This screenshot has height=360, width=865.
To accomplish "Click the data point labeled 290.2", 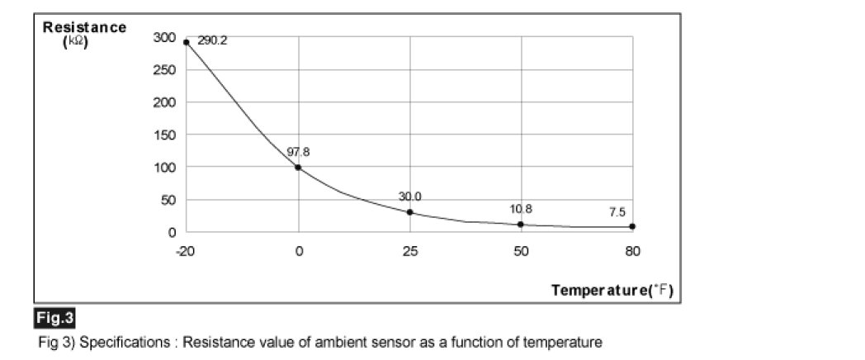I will click(187, 42).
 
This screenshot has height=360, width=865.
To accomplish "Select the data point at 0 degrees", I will click(298, 168).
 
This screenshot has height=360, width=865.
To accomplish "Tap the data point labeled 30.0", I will click(409, 212).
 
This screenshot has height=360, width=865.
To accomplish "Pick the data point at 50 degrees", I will click(521, 225).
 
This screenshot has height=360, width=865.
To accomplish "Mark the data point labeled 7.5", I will click(632, 226).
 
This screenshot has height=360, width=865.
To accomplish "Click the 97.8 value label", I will click(298, 152).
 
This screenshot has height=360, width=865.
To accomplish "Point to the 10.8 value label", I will click(521, 209).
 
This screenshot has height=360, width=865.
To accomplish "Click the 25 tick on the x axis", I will click(409, 251).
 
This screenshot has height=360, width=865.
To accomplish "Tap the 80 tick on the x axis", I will click(632, 251).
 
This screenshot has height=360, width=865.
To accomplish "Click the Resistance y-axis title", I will click(84, 27).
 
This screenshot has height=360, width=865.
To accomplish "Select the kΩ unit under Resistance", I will click(75, 41).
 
